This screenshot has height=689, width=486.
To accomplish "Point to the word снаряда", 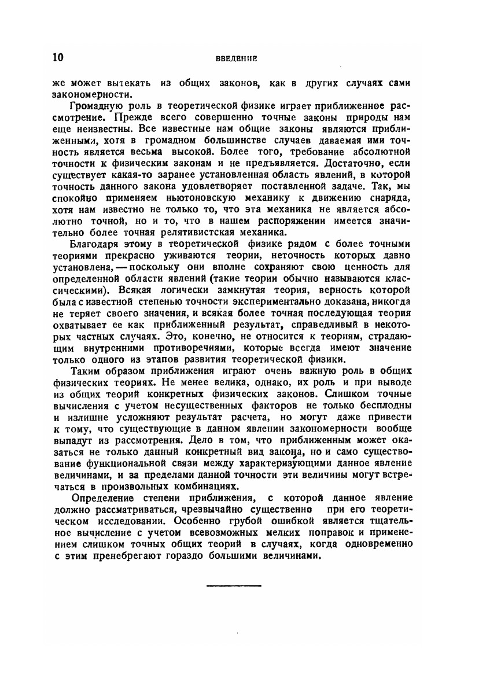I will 389,205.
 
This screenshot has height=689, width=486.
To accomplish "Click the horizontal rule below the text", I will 234,586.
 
